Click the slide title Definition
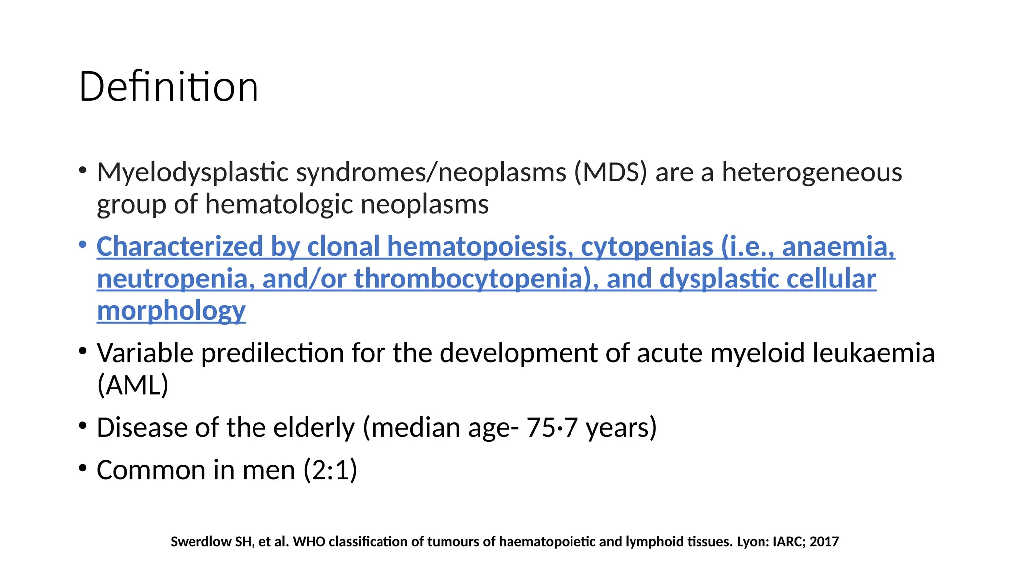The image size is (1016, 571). tap(169, 87)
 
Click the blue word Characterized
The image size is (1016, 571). tap(180, 246)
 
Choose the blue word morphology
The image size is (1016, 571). tap(171, 311)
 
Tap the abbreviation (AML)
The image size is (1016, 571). tap(133, 385)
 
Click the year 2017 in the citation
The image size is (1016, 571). tap(824, 542)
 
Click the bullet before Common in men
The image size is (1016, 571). tap(83, 467)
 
